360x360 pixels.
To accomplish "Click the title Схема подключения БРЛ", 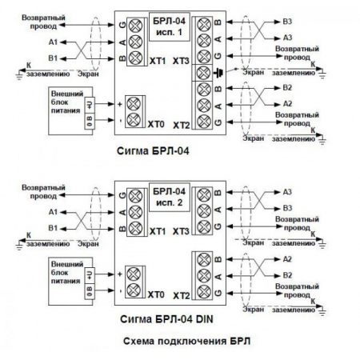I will [x=179, y=342].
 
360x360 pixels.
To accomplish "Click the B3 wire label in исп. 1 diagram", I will [x=288, y=22].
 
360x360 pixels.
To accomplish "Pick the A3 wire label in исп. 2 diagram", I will [x=288, y=192].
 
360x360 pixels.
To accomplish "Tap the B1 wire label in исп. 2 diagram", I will [x=53, y=228].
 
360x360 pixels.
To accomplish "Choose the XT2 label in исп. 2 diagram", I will [x=180, y=294].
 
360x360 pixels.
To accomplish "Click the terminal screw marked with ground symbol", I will [x=202, y=74].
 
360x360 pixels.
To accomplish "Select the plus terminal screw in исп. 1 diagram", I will [x=133, y=104].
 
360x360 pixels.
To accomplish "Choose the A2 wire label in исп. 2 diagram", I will [x=288, y=260].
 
